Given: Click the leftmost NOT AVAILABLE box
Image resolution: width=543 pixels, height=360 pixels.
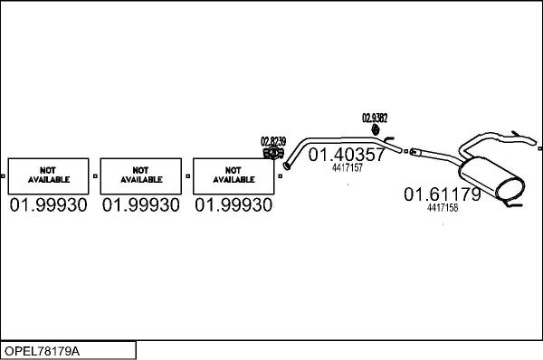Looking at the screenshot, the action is click(x=49, y=175).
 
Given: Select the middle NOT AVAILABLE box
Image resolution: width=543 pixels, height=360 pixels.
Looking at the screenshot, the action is click(x=141, y=175).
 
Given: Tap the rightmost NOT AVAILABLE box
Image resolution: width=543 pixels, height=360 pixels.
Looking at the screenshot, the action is click(x=233, y=175).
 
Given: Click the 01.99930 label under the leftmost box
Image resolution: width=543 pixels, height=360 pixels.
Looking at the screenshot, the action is click(x=49, y=206).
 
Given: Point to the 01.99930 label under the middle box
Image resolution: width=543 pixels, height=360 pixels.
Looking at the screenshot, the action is click(x=141, y=206).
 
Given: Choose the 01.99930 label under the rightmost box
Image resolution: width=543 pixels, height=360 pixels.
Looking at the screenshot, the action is click(x=233, y=206).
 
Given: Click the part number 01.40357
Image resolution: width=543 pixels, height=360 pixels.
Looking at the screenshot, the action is click(x=348, y=156).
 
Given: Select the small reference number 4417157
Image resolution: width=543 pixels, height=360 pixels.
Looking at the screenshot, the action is click(x=348, y=168).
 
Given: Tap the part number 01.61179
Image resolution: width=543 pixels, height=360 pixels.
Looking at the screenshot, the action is click(x=442, y=194).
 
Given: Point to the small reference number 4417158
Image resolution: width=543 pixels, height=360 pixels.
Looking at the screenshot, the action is click(x=443, y=207).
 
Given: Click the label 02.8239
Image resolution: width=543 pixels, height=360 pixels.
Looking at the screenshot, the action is click(x=272, y=141).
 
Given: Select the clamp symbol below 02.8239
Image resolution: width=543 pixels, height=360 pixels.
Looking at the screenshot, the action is click(x=271, y=154).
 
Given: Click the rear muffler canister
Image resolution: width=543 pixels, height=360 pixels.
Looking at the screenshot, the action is click(x=494, y=180).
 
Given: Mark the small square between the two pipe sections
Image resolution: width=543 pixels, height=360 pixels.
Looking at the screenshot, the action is click(x=406, y=149).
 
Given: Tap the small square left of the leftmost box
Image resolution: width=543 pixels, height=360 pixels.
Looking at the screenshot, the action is click(x=4, y=175).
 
